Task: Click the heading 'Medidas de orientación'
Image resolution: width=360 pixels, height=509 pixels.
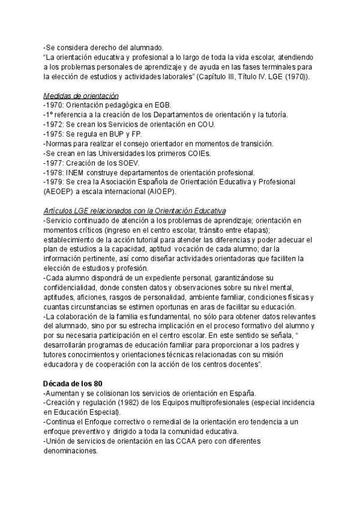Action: click(81, 96)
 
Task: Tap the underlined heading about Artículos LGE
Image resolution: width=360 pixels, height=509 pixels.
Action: click(135, 211)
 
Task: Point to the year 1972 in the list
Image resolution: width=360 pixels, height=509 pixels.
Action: click(55, 125)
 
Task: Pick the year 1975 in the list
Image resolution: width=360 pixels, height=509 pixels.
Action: click(55, 134)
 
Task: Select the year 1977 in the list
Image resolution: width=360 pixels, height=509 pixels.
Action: click(55, 163)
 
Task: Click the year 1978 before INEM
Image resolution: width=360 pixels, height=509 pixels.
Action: click(55, 173)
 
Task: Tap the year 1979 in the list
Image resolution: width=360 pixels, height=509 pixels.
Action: click(55, 182)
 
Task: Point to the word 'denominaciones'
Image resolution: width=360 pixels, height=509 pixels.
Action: click(70, 451)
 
